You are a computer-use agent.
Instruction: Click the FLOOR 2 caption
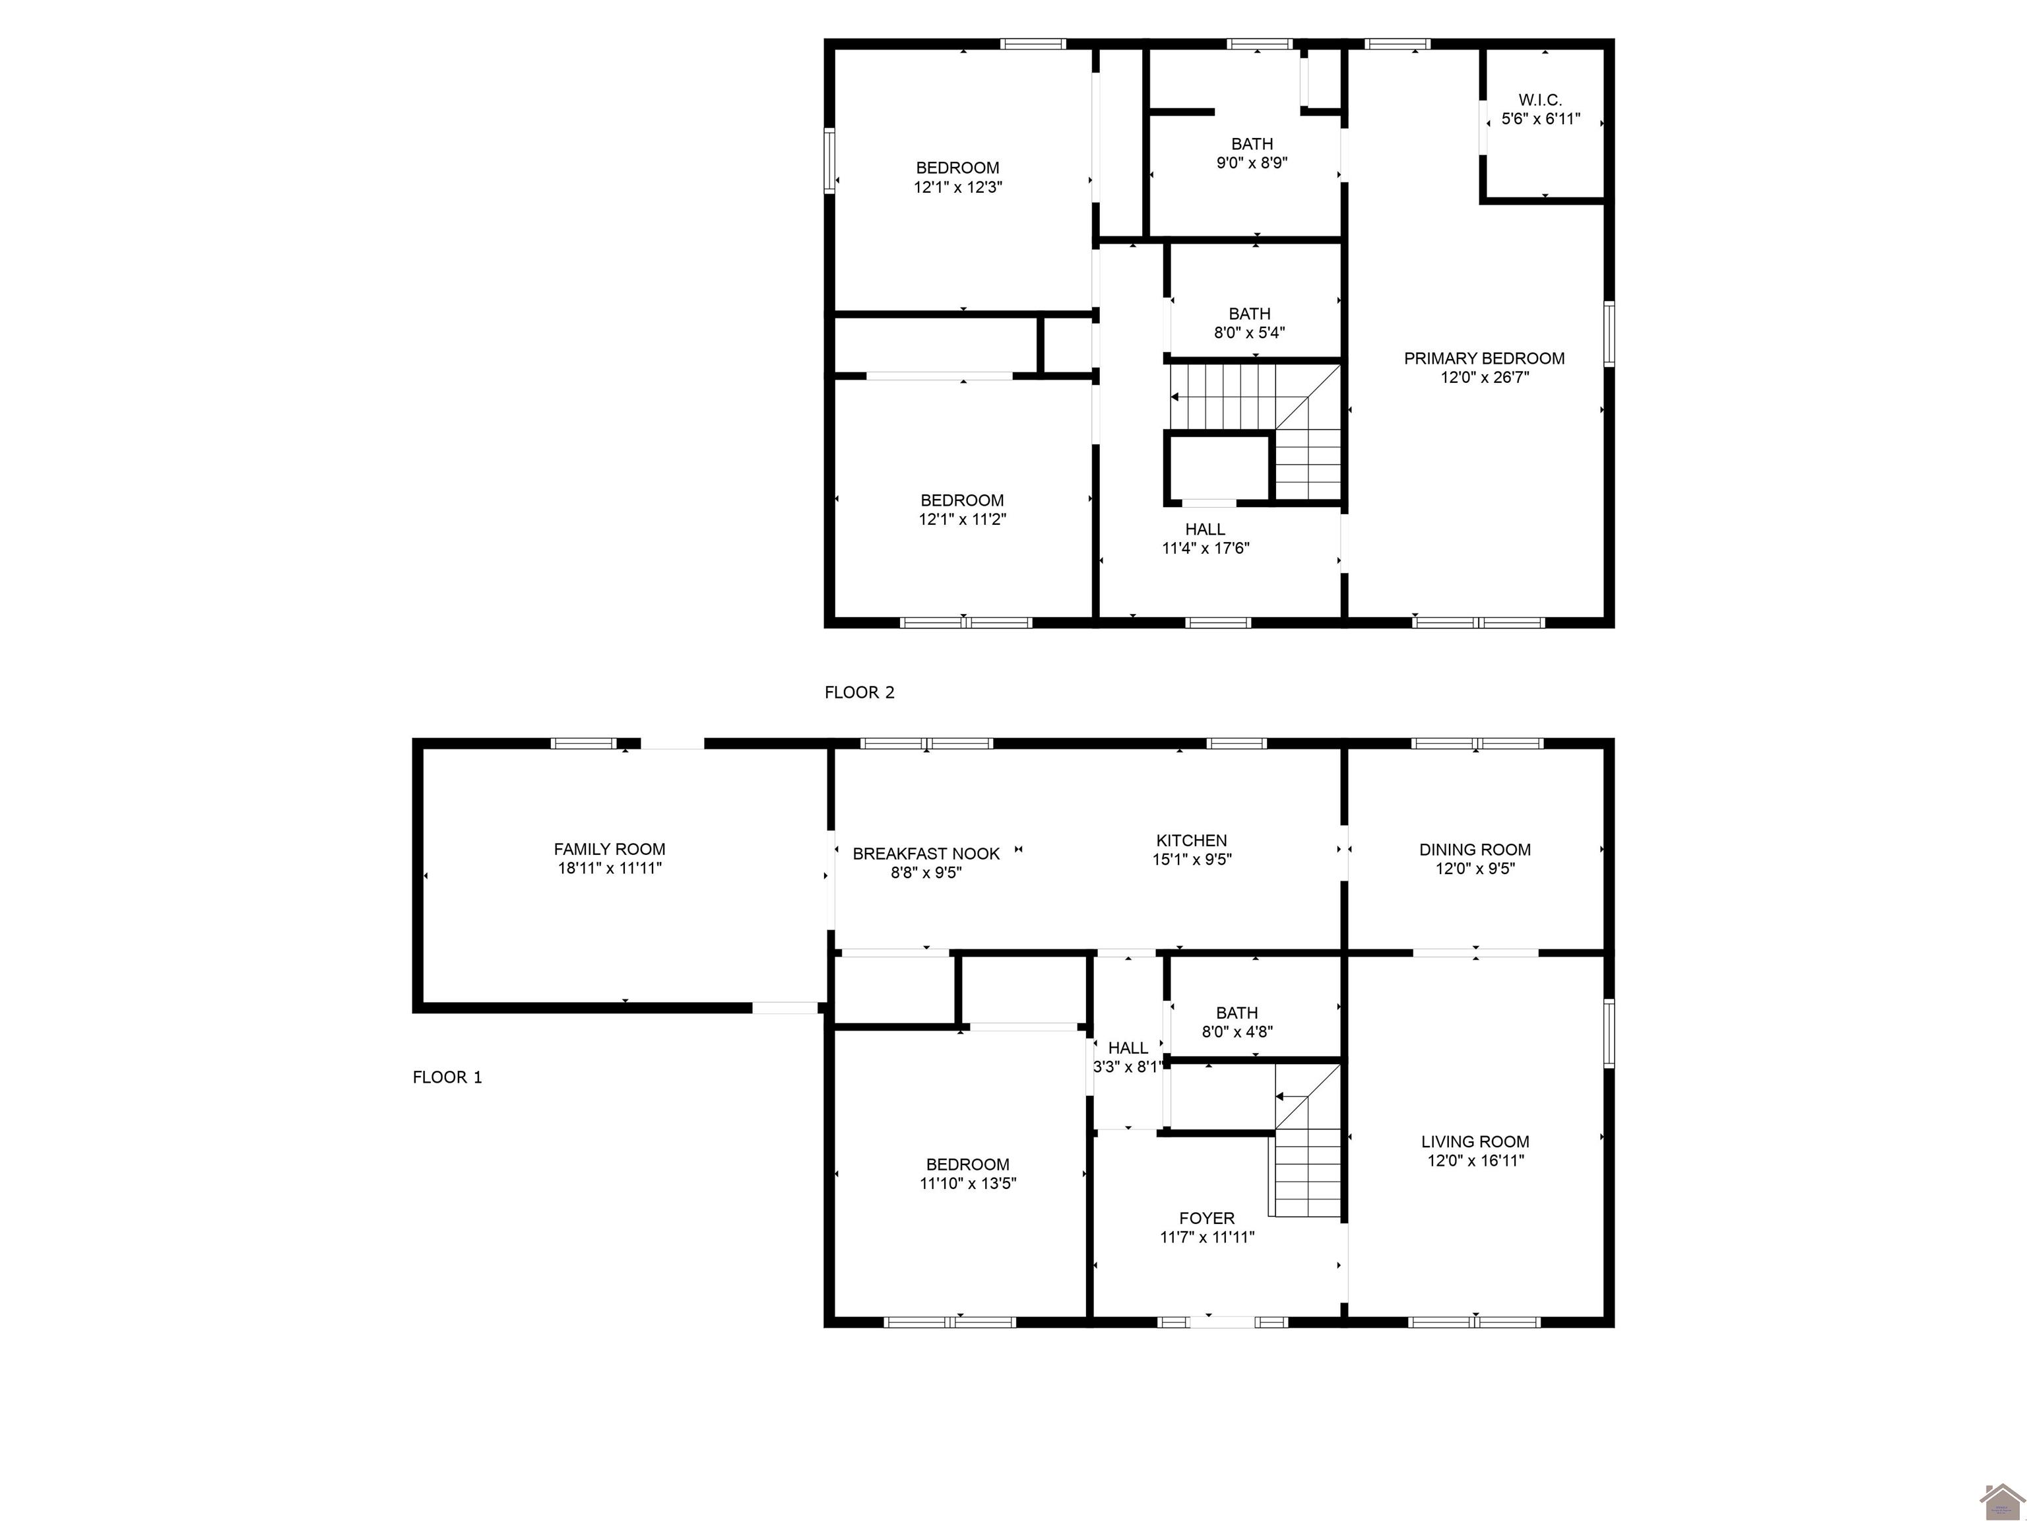coord(858,693)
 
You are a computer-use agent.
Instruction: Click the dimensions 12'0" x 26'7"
coord(1485,377)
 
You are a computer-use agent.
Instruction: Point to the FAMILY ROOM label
coord(610,849)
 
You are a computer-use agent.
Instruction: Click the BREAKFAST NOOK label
coord(926,854)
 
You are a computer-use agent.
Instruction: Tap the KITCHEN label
coord(1191,840)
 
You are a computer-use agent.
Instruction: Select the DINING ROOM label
coord(1475,849)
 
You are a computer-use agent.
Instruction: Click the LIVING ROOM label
coord(1475,1141)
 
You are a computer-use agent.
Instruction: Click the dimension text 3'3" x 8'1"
coord(1127,1066)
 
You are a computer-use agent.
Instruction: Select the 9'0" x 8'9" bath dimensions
coord(1251,163)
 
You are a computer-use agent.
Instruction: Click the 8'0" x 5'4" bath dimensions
coord(1249,333)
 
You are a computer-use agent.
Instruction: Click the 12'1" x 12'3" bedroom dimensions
coord(957,187)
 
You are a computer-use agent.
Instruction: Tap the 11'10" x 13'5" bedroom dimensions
coord(968,1183)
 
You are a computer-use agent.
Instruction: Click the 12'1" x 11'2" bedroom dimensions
coord(962,519)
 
